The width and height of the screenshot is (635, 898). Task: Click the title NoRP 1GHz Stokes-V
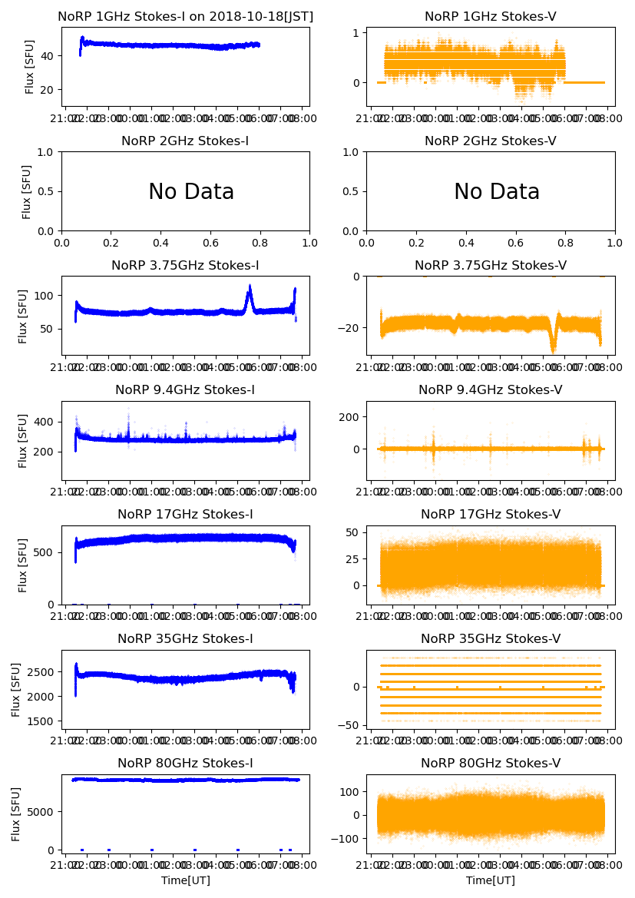[491, 17]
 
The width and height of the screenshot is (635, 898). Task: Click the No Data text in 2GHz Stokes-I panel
[191, 192]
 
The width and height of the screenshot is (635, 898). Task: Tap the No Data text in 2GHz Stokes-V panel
[497, 192]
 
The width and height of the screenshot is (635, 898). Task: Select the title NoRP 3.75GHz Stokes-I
[185, 266]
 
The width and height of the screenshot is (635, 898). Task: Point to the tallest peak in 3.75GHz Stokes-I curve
[250, 287]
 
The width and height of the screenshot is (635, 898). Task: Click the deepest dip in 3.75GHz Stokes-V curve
[553, 350]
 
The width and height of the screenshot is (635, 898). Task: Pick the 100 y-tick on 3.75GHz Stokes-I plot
[43, 296]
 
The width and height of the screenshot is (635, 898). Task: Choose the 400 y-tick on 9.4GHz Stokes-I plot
[43, 422]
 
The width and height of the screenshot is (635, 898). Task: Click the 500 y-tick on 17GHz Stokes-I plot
[43, 552]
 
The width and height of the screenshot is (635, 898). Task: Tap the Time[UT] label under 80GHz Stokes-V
[491, 880]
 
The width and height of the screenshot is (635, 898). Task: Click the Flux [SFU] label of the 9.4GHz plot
[23, 440]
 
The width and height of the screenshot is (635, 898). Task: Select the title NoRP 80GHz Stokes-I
[185, 764]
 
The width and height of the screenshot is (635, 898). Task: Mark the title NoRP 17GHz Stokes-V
[491, 515]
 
